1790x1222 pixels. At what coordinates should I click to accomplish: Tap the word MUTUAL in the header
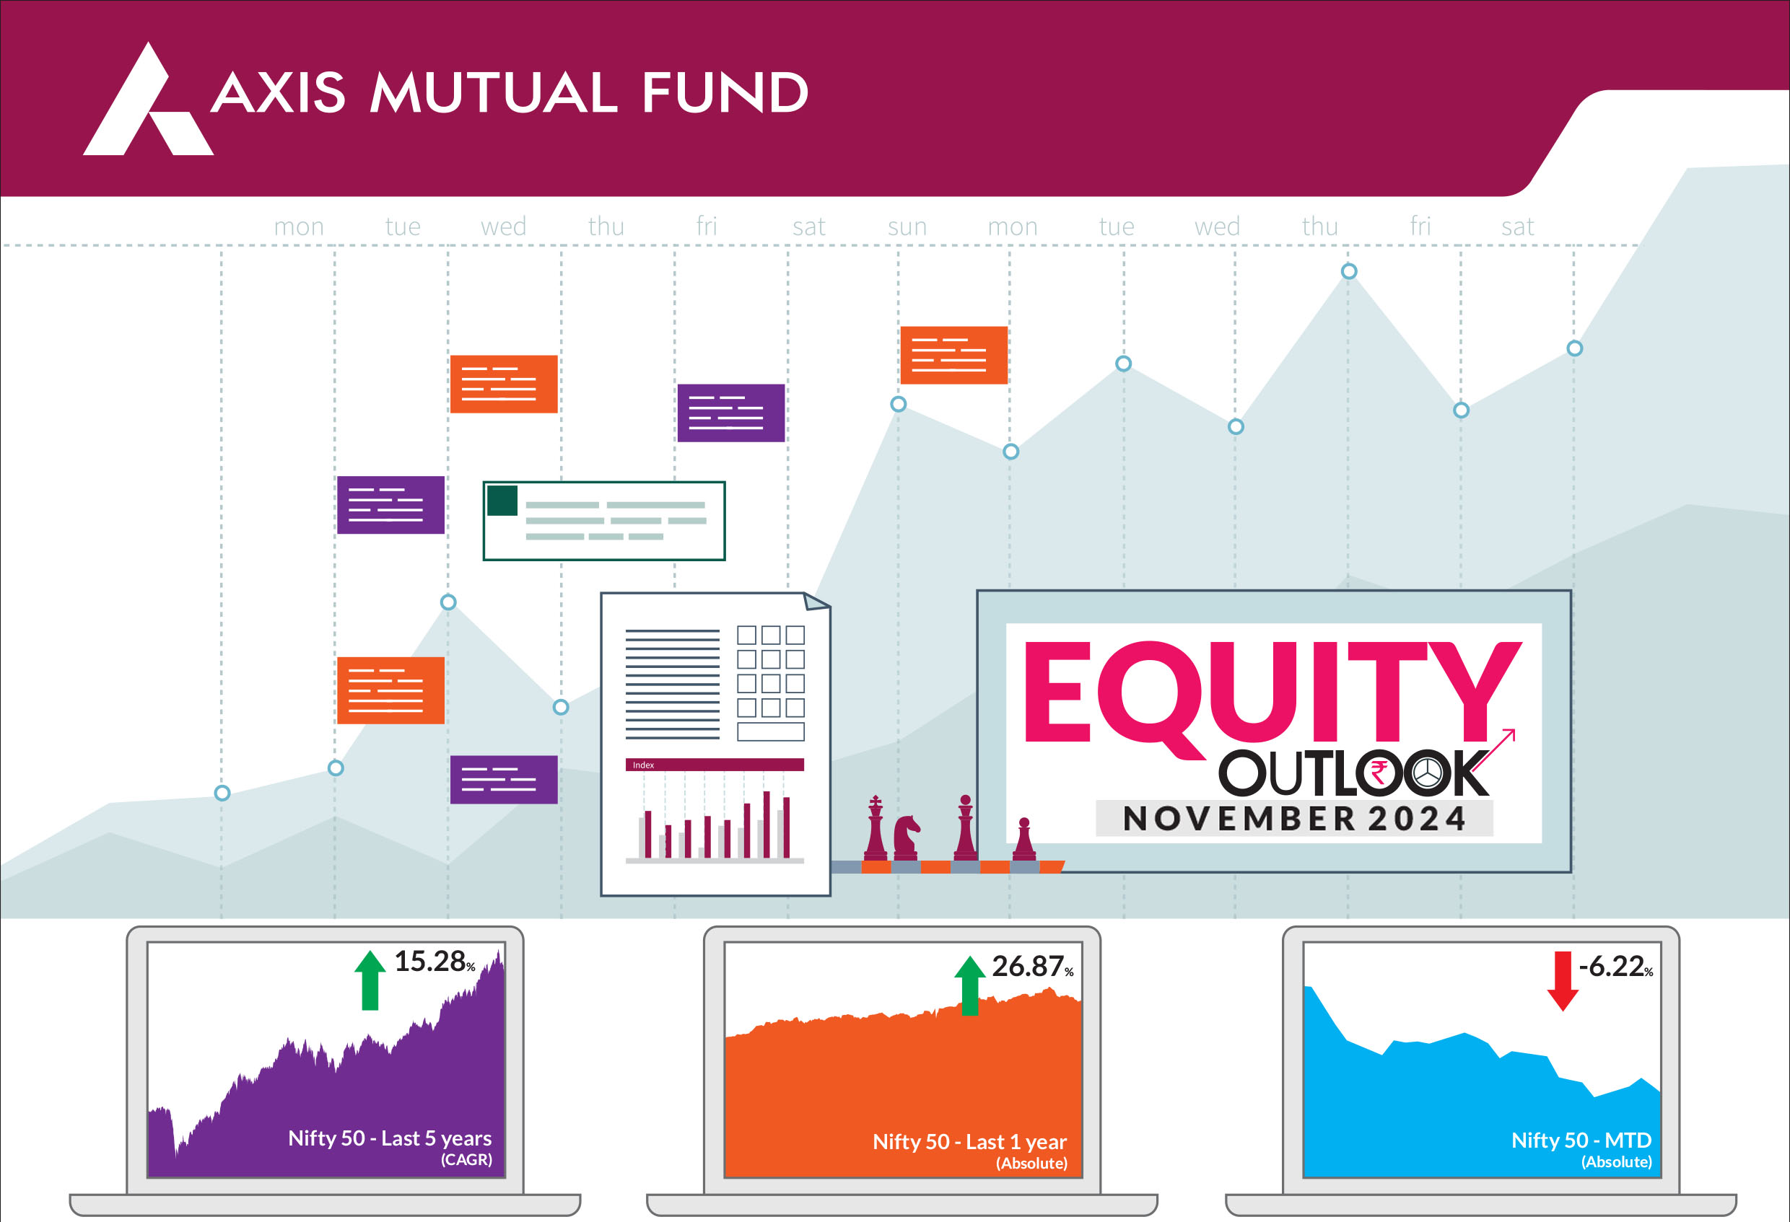(494, 93)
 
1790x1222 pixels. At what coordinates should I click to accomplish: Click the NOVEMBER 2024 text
(1294, 819)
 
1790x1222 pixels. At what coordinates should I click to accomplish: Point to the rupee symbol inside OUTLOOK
(1379, 773)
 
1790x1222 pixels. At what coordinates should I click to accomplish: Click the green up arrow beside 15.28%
(370, 980)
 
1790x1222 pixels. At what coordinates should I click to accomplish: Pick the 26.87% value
(1032, 967)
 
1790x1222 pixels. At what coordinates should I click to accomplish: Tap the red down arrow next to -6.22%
(1563, 981)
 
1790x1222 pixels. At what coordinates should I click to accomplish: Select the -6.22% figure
(1615, 967)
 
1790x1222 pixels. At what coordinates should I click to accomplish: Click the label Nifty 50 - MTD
(1581, 1140)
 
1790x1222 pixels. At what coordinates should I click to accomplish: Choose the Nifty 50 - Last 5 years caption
(390, 1138)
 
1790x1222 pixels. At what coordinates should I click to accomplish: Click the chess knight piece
(906, 838)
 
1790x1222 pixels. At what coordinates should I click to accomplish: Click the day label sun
(907, 227)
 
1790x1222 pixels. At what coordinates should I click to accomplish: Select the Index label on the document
(643, 765)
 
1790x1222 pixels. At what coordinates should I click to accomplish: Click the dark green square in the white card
(502, 501)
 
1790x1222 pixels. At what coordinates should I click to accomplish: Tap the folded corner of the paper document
(816, 601)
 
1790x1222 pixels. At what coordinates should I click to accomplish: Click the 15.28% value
(435, 961)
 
